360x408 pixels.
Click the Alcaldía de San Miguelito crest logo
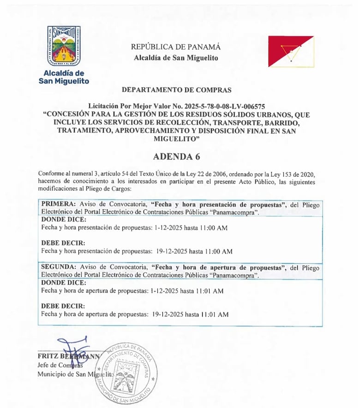(x=64, y=45)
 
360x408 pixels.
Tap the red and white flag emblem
(x=291, y=52)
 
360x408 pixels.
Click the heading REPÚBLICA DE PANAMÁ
(x=176, y=47)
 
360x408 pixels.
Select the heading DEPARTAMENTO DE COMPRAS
(x=177, y=90)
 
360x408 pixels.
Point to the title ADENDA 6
(x=177, y=156)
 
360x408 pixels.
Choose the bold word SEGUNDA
(x=59, y=267)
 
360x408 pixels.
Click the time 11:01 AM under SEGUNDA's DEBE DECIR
(x=215, y=315)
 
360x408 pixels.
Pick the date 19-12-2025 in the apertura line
(x=168, y=315)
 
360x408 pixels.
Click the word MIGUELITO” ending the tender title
(x=177, y=139)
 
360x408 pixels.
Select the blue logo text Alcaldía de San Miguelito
(x=64, y=77)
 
